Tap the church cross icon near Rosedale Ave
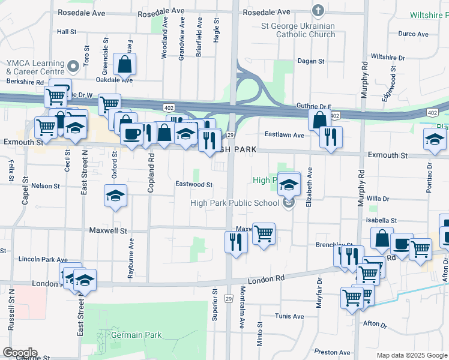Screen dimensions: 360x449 click(318, 11)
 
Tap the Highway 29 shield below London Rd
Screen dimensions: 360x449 click(229, 298)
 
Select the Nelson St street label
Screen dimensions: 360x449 click(46, 186)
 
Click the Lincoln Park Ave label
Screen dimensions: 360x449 click(43, 259)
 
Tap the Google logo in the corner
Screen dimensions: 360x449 click(19, 353)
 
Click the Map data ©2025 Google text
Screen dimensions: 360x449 click(411, 355)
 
